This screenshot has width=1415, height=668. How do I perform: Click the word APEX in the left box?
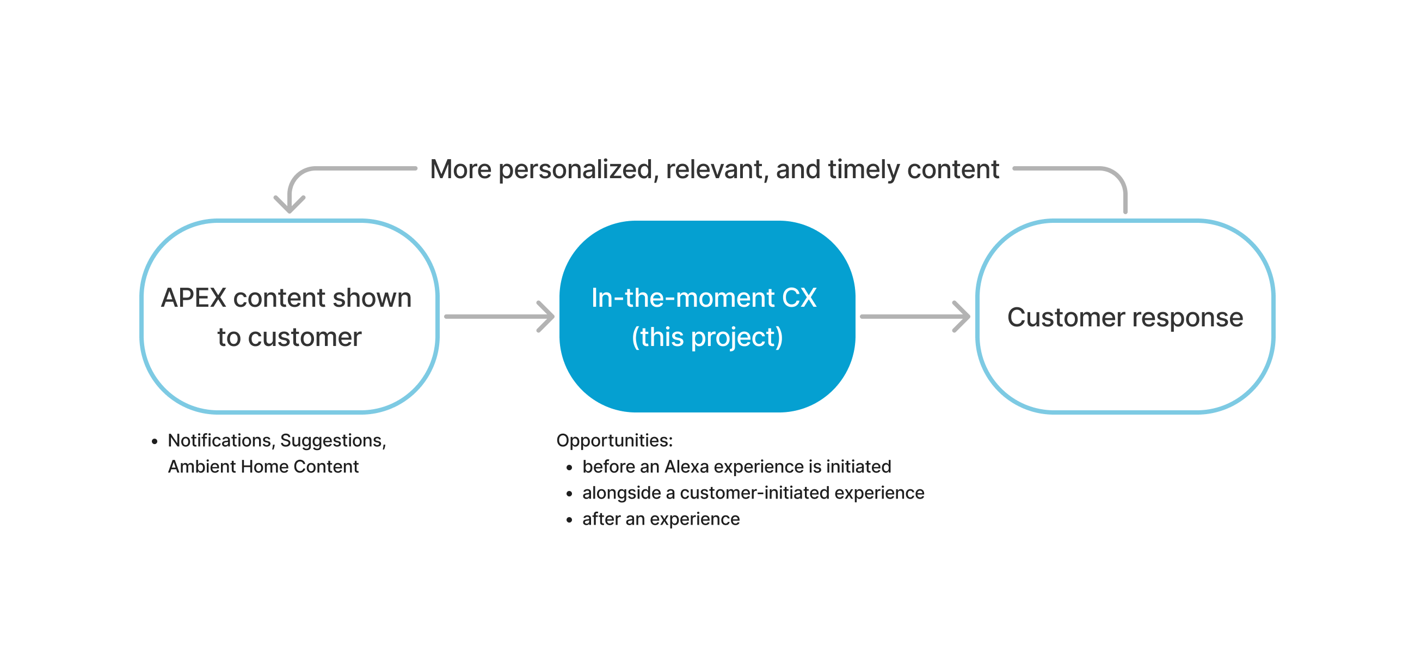pos(193,299)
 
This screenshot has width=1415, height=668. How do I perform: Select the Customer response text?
pos(1124,318)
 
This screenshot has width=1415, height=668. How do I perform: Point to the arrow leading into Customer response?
pos(914,317)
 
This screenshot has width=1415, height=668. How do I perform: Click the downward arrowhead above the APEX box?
pos(290,204)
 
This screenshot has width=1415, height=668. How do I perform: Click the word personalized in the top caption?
pos(575,170)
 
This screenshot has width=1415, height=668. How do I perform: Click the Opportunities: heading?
pos(614,440)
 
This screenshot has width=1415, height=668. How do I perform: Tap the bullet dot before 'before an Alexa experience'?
pos(569,468)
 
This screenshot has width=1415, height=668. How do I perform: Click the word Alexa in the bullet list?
pos(686,467)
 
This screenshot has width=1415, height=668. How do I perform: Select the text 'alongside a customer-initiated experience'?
pos(753,493)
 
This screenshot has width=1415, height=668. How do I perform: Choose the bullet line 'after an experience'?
pos(660,519)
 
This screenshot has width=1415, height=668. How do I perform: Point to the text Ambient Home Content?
pos(263,467)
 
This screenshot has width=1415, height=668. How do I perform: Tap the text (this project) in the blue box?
pos(707,337)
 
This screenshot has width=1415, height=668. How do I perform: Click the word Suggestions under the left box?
pos(333,440)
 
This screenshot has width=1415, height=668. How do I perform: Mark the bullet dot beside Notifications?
pos(155,441)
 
